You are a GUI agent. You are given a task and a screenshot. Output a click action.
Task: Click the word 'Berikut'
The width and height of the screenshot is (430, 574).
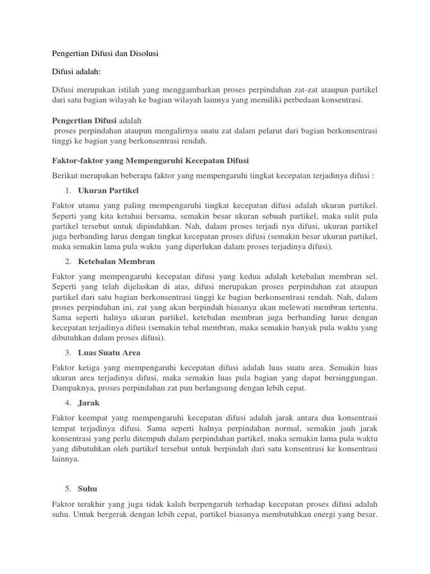click(x=66, y=175)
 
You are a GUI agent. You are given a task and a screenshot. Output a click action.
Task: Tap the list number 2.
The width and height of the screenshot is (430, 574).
click(x=67, y=261)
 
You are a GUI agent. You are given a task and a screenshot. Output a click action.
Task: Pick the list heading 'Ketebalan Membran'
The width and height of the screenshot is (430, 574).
click(x=116, y=261)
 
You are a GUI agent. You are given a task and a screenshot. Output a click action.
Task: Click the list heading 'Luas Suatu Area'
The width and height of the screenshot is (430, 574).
click(x=109, y=353)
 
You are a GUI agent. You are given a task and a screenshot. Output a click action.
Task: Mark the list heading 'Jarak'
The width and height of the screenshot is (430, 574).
click(x=90, y=402)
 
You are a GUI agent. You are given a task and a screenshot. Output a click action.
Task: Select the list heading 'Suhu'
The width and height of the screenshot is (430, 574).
click(x=88, y=488)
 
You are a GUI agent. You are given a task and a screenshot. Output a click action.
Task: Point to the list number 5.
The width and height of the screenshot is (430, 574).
click(x=67, y=488)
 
